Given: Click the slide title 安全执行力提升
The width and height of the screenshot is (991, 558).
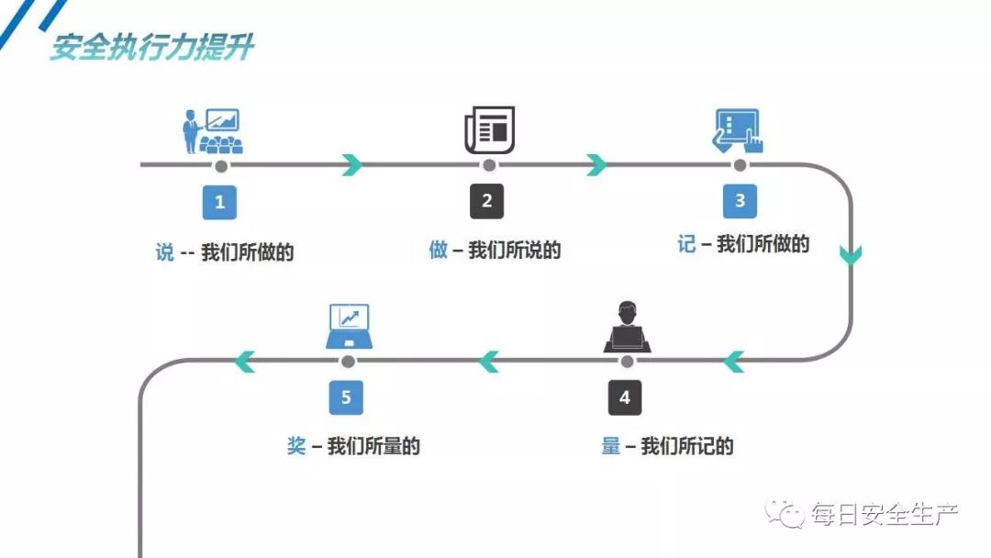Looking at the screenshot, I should (151, 47).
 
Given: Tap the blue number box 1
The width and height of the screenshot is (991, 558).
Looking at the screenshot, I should (219, 202).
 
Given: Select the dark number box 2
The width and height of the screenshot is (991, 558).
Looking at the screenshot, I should (487, 202).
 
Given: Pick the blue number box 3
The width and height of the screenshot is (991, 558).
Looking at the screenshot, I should (740, 201).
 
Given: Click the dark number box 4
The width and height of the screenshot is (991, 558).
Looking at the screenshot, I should (625, 397).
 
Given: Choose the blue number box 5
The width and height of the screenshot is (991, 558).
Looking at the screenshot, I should (346, 397).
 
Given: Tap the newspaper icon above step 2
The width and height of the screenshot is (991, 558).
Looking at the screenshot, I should (489, 129).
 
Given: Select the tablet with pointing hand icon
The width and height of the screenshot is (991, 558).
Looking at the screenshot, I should (739, 131).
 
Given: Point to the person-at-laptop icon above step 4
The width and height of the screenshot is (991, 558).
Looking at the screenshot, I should (627, 328).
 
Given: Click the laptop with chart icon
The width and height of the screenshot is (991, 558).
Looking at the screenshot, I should (349, 327).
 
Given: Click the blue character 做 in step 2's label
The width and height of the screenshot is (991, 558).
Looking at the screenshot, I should (439, 250).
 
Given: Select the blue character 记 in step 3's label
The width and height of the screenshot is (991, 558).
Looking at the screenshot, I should (686, 244).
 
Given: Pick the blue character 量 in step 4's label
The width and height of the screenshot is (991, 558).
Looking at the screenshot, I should (611, 447).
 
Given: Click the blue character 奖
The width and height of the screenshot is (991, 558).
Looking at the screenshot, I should (296, 447).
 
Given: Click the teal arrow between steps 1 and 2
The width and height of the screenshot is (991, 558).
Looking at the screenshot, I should (351, 165).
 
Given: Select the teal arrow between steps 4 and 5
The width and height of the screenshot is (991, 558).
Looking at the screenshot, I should (489, 362).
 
